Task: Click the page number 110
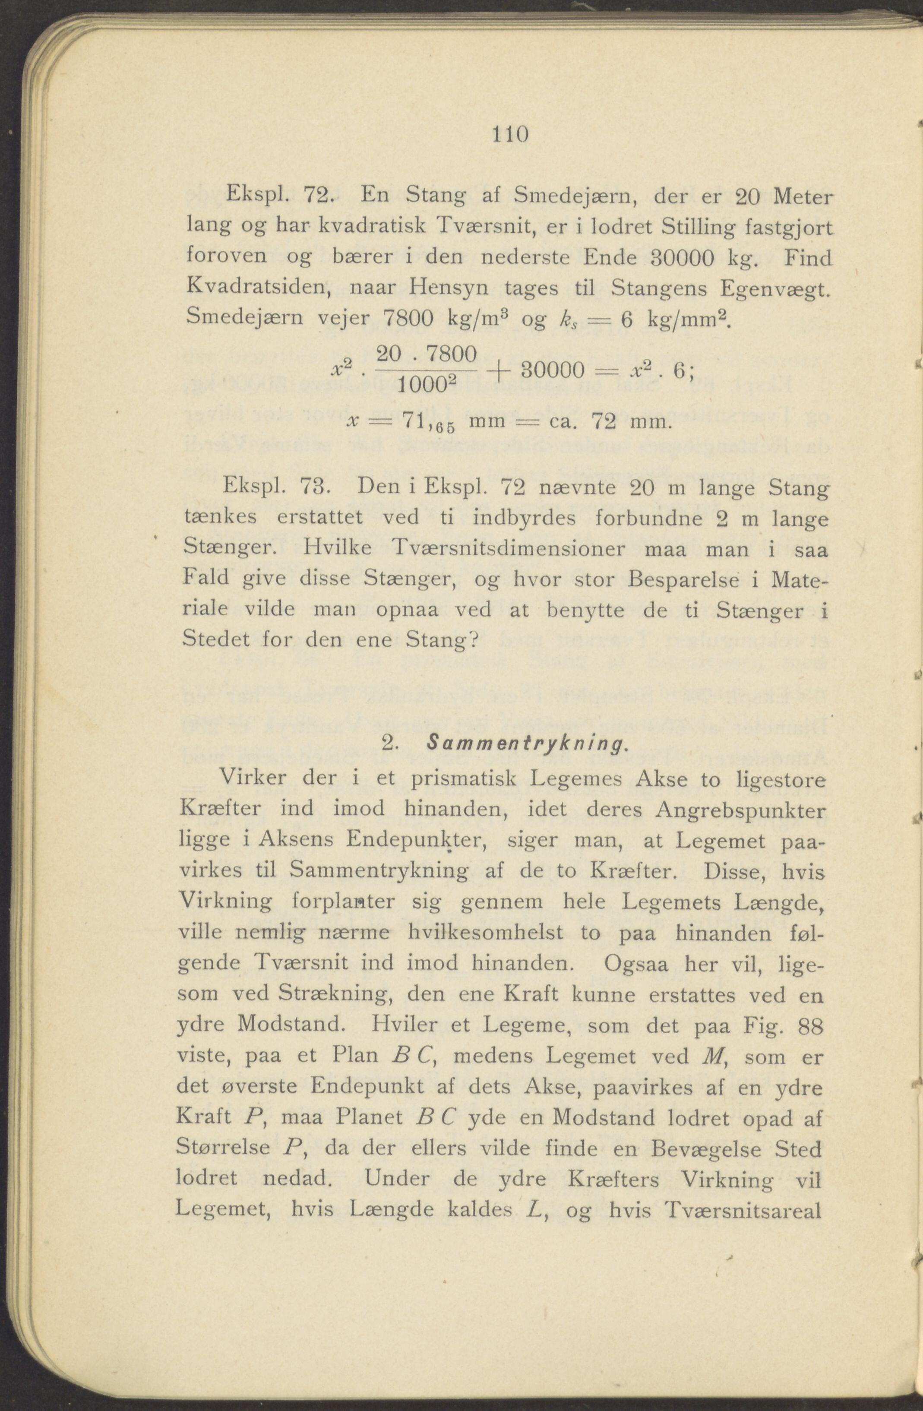pos(509,135)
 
